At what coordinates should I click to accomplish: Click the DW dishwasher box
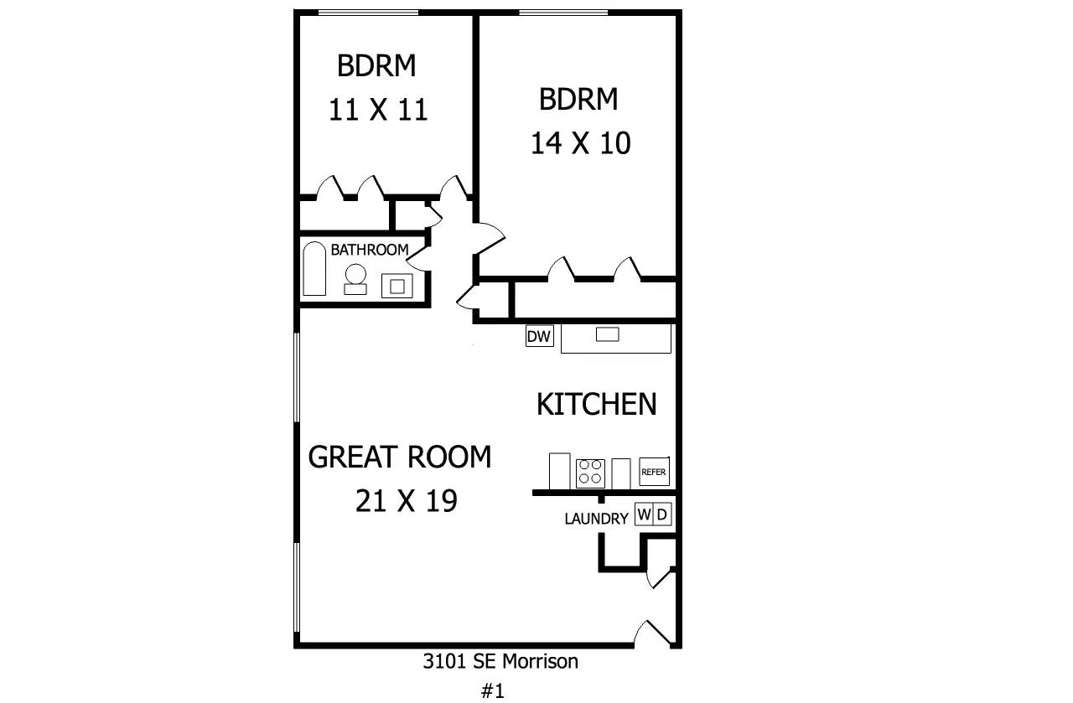pyautogui.click(x=539, y=336)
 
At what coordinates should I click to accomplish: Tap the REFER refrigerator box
pyautogui.click(x=654, y=472)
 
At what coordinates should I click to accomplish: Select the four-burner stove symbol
pyautogui.click(x=590, y=473)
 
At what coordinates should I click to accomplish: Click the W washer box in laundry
pyautogui.click(x=644, y=514)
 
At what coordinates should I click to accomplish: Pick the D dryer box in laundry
pyautogui.click(x=662, y=514)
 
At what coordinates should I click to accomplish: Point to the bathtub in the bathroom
pyautogui.click(x=314, y=269)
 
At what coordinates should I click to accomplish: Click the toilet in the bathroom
pyautogui.click(x=355, y=280)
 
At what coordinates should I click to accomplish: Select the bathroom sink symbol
pyautogui.click(x=397, y=286)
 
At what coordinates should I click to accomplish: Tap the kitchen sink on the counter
pyautogui.click(x=608, y=334)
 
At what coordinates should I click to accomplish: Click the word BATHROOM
pyautogui.click(x=370, y=250)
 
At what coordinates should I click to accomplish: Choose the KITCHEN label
pyautogui.click(x=596, y=404)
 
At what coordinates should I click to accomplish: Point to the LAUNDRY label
pyautogui.click(x=596, y=519)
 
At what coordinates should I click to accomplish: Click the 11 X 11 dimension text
pyautogui.click(x=378, y=109)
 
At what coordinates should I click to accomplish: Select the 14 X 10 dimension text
pyautogui.click(x=581, y=142)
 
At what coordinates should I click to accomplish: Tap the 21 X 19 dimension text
pyautogui.click(x=407, y=501)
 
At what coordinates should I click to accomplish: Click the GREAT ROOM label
pyautogui.click(x=400, y=457)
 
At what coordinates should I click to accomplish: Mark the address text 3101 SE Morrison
pyautogui.click(x=500, y=661)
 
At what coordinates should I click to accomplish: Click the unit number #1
pyautogui.click(x=493, y=690)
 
